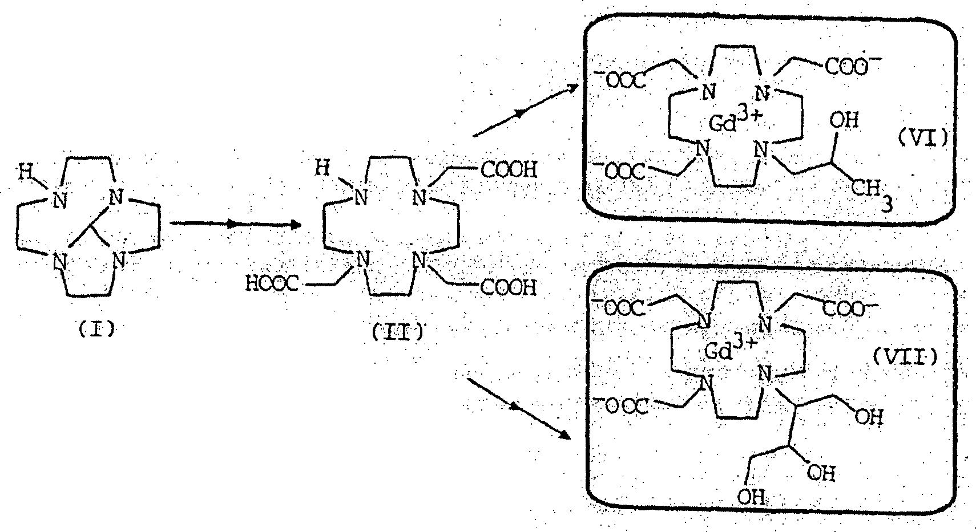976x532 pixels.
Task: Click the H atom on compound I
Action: (x=26, y=170)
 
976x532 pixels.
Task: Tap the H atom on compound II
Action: (x=323, y=168)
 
